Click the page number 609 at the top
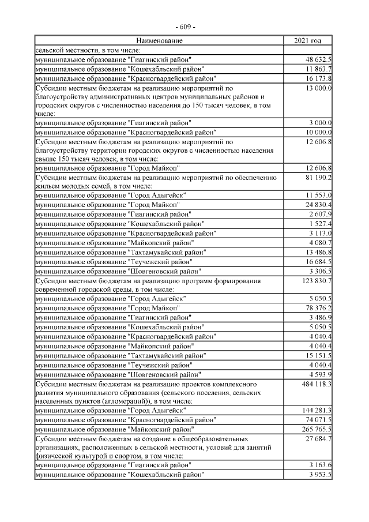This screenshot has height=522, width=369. (x=185, y=27)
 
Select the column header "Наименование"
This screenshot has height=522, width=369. (x=160, y=41)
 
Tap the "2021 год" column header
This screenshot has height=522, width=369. (x=308, y=41)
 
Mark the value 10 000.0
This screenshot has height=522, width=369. (x=318, y=132)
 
